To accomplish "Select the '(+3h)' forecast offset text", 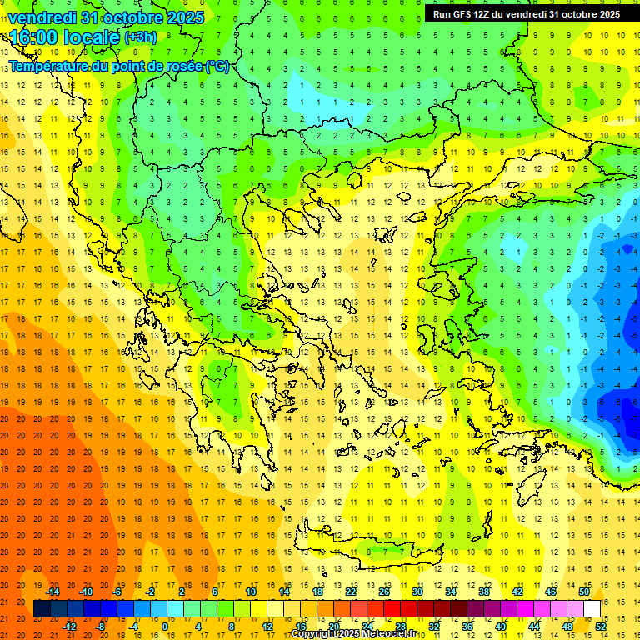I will (140, 37).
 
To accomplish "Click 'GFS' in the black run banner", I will (462, 14).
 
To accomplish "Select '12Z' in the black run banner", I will (485, 14).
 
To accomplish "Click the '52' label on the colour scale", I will (601, 626).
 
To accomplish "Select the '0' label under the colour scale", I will (166, 626).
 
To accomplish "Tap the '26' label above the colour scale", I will (384, 592).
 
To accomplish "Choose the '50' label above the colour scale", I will (583, 592).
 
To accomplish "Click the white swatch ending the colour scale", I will (592, 608).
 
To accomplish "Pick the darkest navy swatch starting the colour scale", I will (42, 608).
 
